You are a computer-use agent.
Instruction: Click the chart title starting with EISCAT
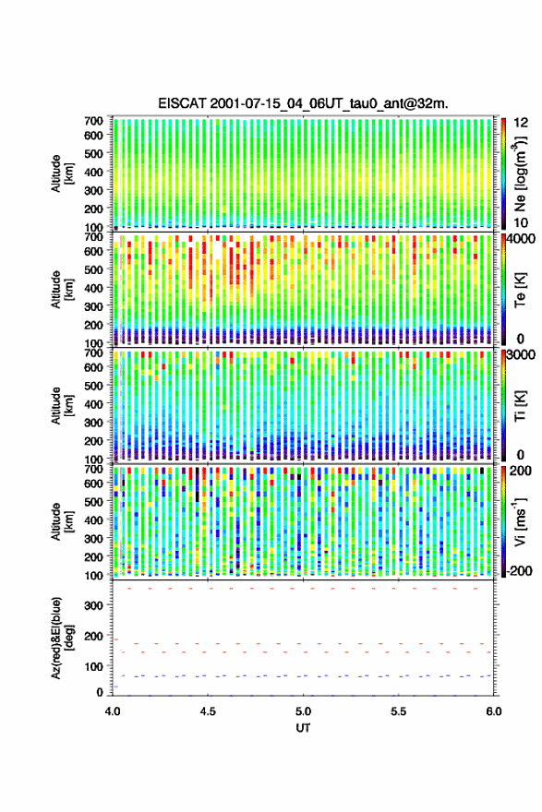pos(303,103)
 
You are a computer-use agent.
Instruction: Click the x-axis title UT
pos(303,728)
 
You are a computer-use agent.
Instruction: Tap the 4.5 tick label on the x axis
pos(208,711)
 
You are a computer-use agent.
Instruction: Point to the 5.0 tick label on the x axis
pos(303,711)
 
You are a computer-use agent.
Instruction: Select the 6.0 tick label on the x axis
pos(493,711)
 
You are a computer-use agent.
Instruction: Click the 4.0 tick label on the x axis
pos(113,711)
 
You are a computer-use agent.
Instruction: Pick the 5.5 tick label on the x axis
pos(399,711)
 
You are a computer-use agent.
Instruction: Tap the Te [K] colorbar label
pos(520,290)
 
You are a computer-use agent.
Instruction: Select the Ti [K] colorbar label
pos(520,406)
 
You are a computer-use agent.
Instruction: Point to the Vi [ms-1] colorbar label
pos(520,521)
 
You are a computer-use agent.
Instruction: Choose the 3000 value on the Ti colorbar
pos(521,354)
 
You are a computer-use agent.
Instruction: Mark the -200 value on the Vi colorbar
pos(520,570)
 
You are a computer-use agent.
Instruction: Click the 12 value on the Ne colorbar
pos(521,123)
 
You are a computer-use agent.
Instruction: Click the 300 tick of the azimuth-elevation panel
pos(93,605)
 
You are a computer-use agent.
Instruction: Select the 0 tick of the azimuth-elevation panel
pos(100,692)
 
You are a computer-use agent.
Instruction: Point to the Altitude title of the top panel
pos(62,174)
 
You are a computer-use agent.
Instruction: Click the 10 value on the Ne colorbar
pos(521,222)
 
